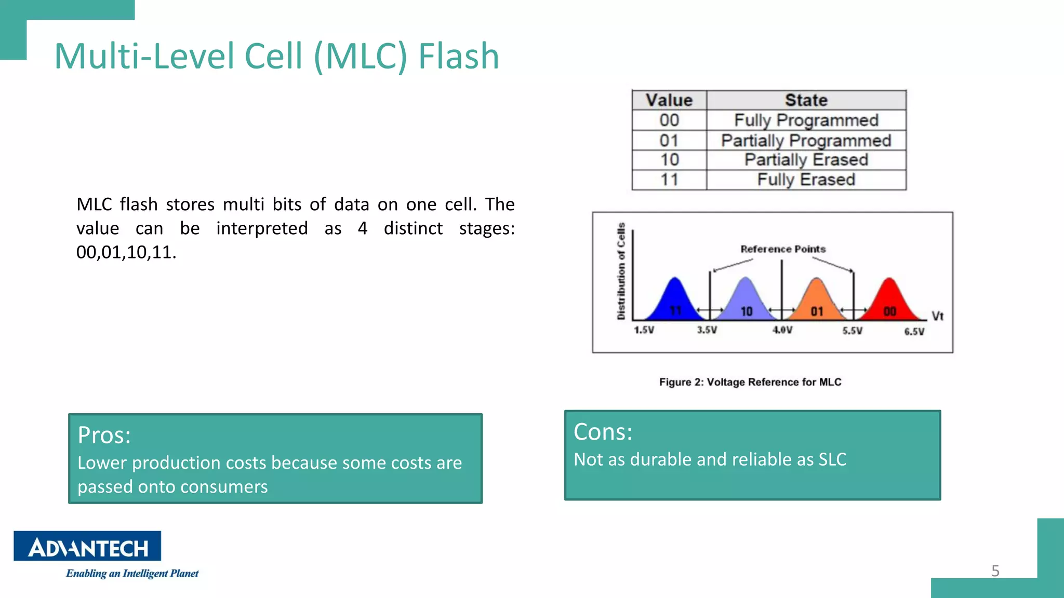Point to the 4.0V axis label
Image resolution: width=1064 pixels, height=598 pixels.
782,330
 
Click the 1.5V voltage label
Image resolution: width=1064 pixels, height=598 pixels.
644,330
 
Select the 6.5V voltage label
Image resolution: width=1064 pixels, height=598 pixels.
914,332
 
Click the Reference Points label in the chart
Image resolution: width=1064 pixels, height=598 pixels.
783,249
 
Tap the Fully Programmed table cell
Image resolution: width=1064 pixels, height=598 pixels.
806,120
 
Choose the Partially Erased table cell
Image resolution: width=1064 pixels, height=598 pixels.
806,160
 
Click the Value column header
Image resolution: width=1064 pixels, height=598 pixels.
669,100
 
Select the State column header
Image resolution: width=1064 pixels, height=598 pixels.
806,100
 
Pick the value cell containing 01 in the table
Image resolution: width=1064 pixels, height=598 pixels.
669,141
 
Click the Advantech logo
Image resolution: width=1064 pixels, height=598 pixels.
87,546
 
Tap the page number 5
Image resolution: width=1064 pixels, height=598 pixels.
995,571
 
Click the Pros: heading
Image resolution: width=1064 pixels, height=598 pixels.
104,435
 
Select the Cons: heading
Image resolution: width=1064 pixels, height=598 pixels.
603,432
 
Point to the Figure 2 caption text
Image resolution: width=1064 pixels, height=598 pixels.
750,383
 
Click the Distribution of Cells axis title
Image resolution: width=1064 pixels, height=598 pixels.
621,271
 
